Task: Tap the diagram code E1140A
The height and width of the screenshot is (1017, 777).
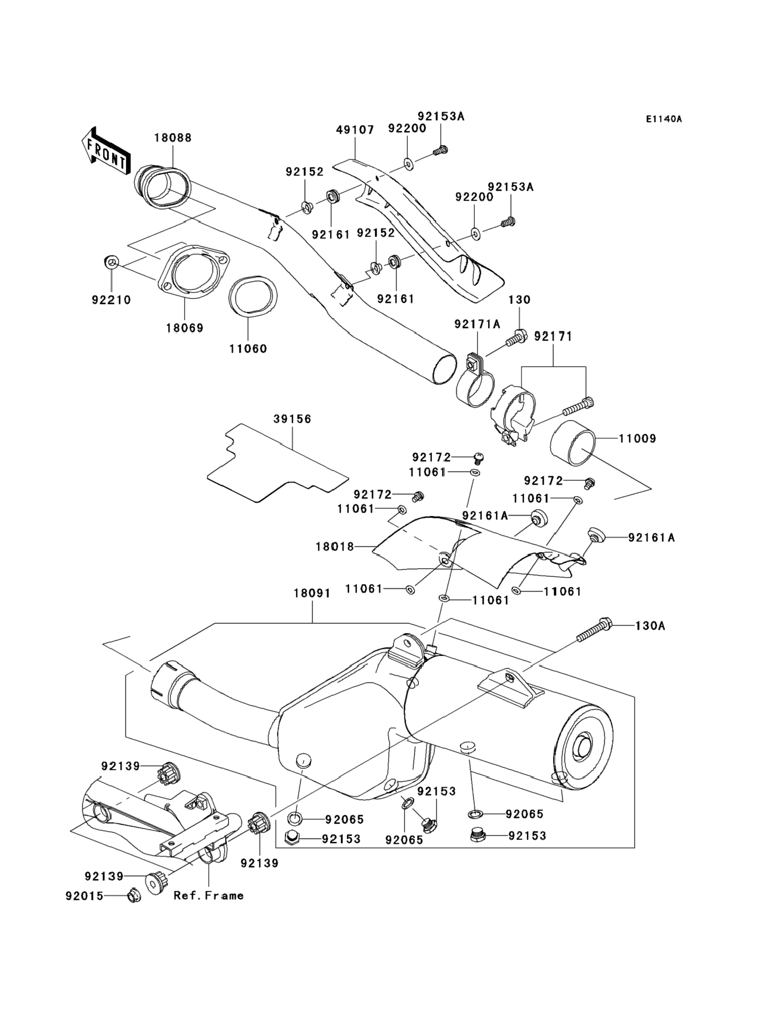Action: (x=664, y=119)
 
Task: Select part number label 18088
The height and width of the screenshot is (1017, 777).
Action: (x=173, y=138)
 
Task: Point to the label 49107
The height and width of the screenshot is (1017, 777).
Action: (x=355, y=130)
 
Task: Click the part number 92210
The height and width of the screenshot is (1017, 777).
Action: (x=111, y=300)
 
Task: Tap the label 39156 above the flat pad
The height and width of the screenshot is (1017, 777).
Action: (x=292, y=419)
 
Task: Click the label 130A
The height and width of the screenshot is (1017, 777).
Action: (x=650, y=626)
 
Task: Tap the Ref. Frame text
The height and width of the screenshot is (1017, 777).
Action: (x=208, y=896)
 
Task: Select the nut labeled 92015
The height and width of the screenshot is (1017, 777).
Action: (x=134, y=896)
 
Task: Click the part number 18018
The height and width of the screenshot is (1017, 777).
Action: (x=334, y=547)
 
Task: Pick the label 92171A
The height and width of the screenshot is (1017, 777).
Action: (x=477, y=325)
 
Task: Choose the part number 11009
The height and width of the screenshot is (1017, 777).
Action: (x=637, y=438)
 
